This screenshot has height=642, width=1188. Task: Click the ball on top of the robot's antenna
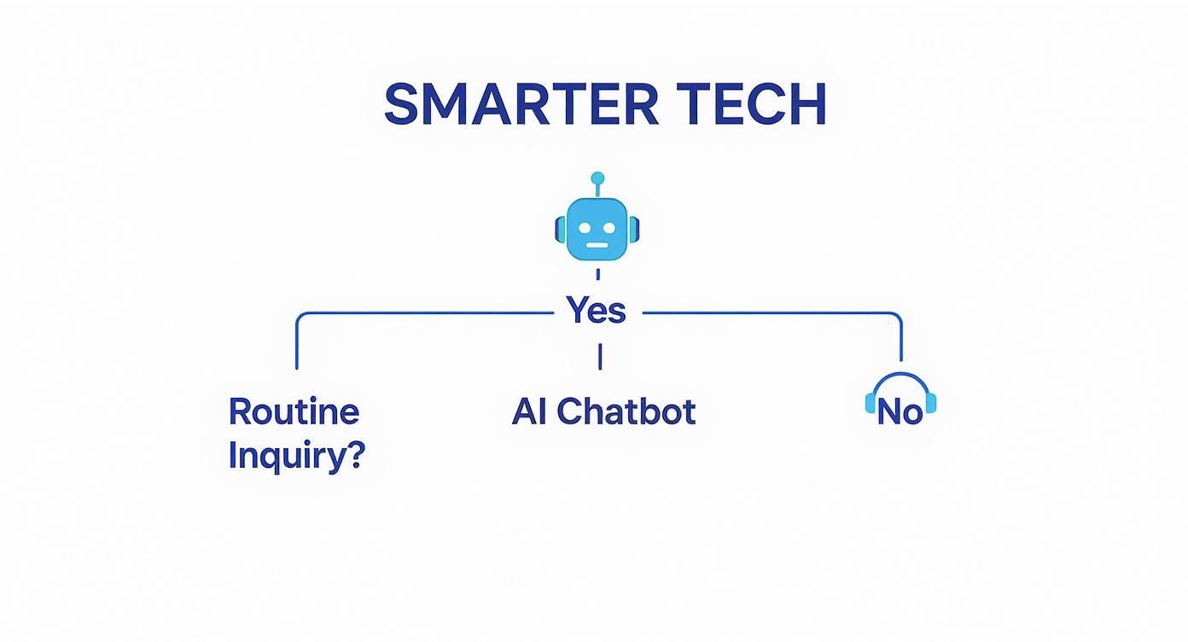pyautogui.click(x=597, y=178)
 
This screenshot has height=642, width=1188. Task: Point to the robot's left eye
pyautogui.click(x=585, y=228)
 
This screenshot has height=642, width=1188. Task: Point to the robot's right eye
pyautogui.click(x=610, y=228)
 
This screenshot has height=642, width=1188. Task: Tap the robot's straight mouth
pyautogui.click(x=597, y=245)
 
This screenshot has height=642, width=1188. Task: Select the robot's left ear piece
pyautogui.click(x=560, y=229)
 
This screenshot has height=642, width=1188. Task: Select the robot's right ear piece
pyautogui.click(x=635, y=229)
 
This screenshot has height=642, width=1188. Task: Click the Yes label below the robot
pyautogui.click(x=597, y=312)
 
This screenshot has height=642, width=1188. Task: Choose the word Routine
pyautogui.click(x=294, y=412)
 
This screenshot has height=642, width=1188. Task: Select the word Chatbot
pyautogui.click(x=626, y=412)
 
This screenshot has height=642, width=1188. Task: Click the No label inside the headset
pyautogui.click(x=900, y=413)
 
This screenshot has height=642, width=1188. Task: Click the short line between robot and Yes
pyautogui.click(x=597, y=274)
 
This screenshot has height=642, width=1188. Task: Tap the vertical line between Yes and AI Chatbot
pyautogui.click(x=600, y=356)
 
